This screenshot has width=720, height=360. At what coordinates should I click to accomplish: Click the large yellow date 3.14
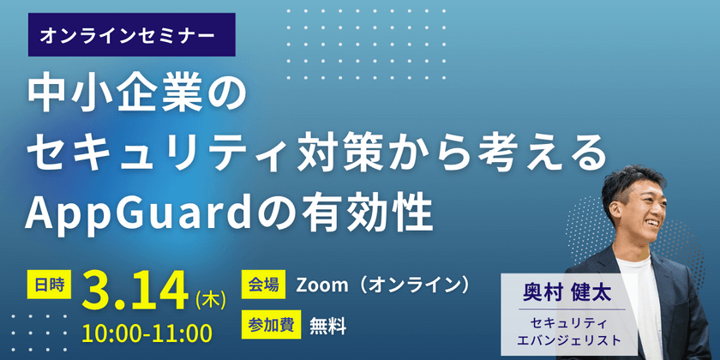point(135,292)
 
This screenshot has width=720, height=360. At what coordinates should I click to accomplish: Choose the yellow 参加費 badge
point(271,325)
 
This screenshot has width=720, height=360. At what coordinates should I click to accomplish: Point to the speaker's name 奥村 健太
point(567,293)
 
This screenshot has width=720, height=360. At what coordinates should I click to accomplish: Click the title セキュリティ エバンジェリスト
point(569,331)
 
